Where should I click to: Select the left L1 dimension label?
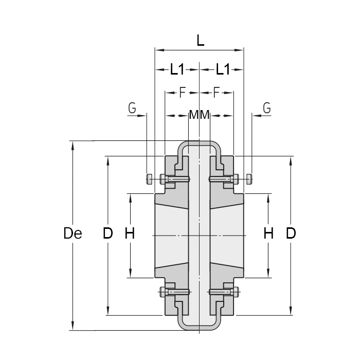point(177,69)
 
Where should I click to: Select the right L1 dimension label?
point(222,69)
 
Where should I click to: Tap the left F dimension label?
point(182,93)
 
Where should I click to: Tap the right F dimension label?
point(216,93)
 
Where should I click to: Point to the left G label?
point(132,108)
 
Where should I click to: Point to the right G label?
point(266,108)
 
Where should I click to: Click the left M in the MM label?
point(194,115)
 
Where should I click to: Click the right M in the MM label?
point(205,115)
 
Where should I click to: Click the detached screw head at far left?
point(149,179)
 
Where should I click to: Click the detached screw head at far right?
point(250,179)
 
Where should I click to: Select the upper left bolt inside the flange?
point(175,179)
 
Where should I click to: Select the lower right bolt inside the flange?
point(224,292)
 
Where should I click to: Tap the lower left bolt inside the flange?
point(175,292)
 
